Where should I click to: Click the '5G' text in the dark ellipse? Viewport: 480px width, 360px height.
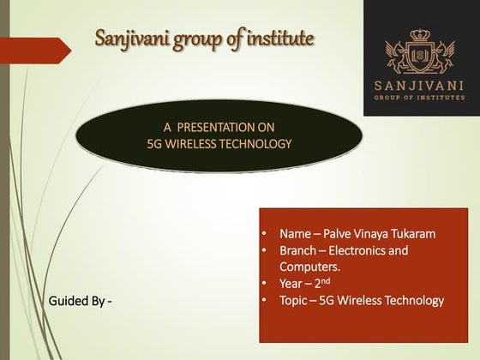156,143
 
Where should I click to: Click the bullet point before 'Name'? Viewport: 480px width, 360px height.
266,233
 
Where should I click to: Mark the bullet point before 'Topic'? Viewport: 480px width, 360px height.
266,300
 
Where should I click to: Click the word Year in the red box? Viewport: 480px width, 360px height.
291,284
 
